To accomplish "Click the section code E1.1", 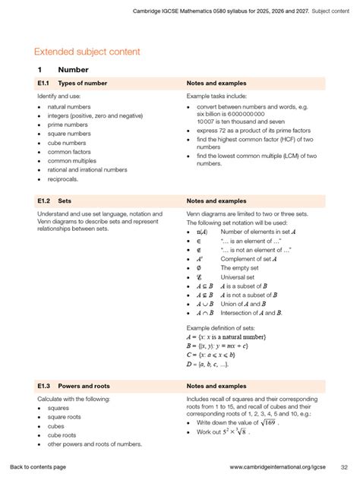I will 43,83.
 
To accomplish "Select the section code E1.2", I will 43,201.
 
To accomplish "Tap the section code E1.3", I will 43,386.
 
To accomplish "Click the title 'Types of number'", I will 83,83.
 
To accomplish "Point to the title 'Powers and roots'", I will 87,386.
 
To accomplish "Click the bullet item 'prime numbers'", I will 68,125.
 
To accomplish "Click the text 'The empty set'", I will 240,268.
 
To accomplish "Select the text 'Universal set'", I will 239,278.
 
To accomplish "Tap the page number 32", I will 344,466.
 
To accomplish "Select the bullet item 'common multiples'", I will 74,161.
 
